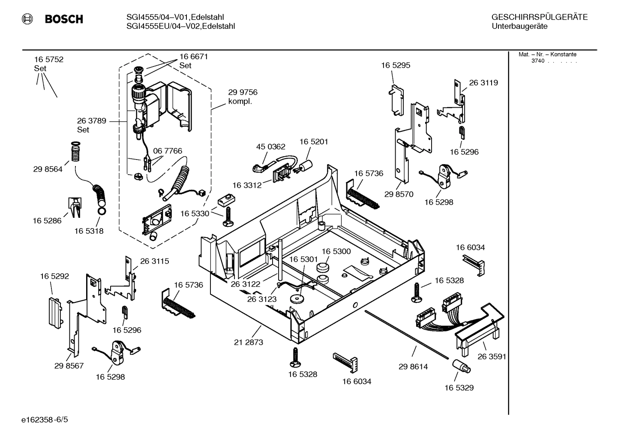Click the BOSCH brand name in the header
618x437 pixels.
pyautogui.click(x=63, y=19)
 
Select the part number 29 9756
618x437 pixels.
pyautogui.click(x=243, y=92)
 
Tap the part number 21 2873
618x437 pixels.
pyautogui.click(x=249, y=342)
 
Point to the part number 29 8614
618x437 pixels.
pyautogui.click(x=413, y=367)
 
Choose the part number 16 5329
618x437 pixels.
pyautogui.click(x=459, y=388)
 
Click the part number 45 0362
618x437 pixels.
pyautogui.click(x=270, y=147)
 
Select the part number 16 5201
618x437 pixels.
pyautogui.click(x=313, y=142)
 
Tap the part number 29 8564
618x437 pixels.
pyautogui.click(x=48, y=169)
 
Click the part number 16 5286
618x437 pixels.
pyautogui.click(x=47, y=221)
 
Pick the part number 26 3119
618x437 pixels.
pyautogui.click(x=483, y=83)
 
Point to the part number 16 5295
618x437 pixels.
pyautogui.click(x=396, y=65)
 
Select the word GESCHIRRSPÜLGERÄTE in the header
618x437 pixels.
pyautogui.click(x=539, y=18)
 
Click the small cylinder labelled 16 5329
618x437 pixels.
pyautogui.click(x=461, y=366)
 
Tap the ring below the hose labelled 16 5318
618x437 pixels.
pyautogui.click(x=102, y=211)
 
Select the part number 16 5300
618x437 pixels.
pyautogui.click(x=336, y=251)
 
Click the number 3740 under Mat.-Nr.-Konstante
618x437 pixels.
pyautogui.click(x=537, y=61)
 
